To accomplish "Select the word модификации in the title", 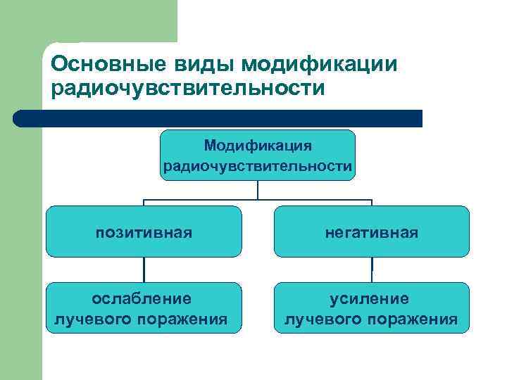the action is [319, 64].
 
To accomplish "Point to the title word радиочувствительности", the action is [188, 90].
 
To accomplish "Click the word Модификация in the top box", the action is [258, 145].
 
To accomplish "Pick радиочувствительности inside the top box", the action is [258, 166].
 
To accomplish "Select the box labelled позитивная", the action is [144, 232].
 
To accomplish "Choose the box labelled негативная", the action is [371, 232].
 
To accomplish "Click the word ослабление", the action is [144, 299].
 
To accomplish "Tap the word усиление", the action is [371, 299].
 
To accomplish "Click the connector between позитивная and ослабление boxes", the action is [144, 270].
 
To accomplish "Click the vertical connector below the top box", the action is [258, 190].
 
